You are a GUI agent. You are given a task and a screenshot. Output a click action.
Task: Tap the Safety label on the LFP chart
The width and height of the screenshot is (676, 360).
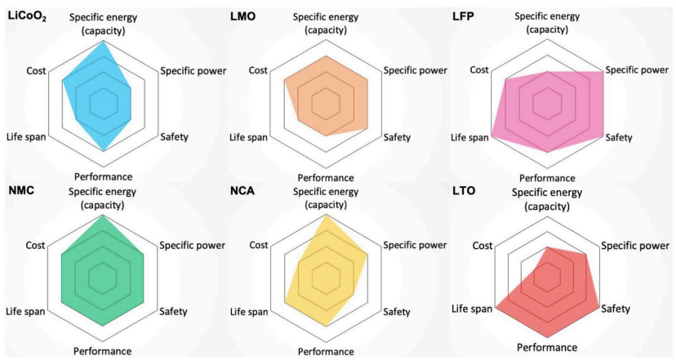[x=618, y=137]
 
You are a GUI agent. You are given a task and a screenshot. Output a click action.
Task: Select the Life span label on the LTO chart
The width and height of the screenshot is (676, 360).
[x=473, y=309]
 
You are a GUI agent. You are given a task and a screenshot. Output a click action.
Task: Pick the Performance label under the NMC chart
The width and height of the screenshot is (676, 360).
[x=102, y=351]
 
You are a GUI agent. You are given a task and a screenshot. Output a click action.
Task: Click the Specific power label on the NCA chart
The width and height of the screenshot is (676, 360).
[x=415, y=245]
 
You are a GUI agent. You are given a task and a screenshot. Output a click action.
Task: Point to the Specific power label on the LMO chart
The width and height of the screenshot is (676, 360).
[x=415, y=70]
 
